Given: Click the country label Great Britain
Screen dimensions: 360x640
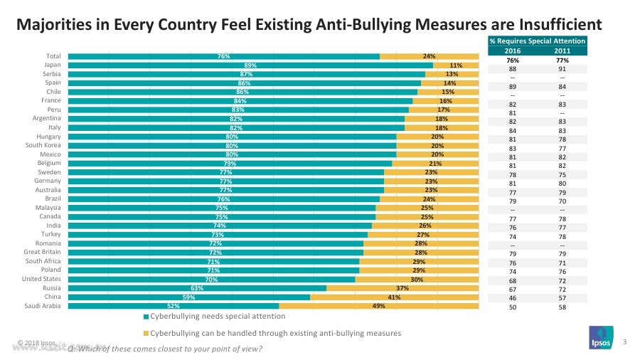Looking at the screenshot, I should (x=42, y=252).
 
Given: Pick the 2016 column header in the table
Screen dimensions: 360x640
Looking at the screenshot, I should (x=512, y=51).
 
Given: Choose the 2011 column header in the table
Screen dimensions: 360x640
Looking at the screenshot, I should (x=562, y=51).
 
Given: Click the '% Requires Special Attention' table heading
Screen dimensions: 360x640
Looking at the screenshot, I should (x=538, y=41).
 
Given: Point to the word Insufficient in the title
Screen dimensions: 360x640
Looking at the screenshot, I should (x=545, y=25).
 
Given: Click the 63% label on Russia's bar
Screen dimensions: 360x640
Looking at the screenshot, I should (x=197, y=288).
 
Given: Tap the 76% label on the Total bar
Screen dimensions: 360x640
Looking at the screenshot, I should (x=223, y=56).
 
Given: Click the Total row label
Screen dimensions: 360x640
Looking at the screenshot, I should (x=53, y=56).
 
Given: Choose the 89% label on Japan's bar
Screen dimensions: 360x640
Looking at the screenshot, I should (x=250, y=65).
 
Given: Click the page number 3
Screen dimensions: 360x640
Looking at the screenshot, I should (x=624, y=344).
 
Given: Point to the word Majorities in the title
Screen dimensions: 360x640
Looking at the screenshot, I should (x=52, y=25).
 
